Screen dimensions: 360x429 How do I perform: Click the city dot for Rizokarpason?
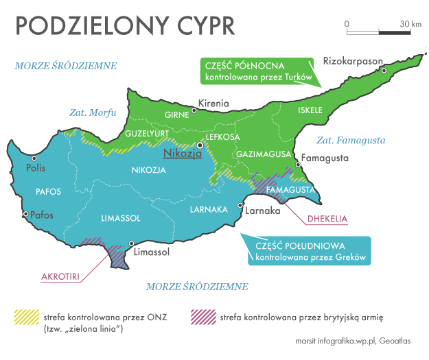pos(384,71)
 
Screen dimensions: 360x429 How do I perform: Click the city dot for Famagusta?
pos(297,165)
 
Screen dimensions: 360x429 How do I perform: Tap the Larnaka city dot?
pos(240,204)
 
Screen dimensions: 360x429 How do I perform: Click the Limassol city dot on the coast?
pos(132,243)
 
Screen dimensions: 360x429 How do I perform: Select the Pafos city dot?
pos(25,214)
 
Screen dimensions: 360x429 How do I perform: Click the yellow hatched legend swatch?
pos(26,317)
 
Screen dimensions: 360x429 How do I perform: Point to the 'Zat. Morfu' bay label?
pos(93,112)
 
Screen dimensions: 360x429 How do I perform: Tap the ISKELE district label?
pos(310,110)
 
